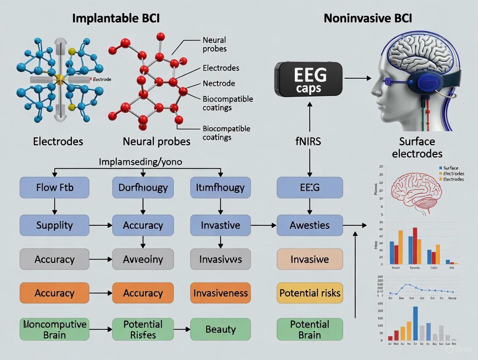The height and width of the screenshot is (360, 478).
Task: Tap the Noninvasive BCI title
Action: tap(368, 18)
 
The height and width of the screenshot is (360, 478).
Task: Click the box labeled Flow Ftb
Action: tap(55, 188)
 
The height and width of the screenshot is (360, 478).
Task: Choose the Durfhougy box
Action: tap(143, 188)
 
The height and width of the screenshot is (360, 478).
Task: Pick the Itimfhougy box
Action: tap(220, 188)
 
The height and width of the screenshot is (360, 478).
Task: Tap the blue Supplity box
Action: tap(55, 225)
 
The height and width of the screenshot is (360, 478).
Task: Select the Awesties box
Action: tap(310, 225)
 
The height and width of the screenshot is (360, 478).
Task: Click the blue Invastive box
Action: tap(220, 225)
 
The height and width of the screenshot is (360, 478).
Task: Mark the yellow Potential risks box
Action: tap(310, 293)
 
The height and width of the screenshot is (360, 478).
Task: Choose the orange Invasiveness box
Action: tap(220, 293)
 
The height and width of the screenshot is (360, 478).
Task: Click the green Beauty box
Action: tap(220, 329)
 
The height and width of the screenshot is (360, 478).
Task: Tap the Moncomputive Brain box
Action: tap(55, 329)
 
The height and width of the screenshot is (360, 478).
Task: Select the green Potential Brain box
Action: tap(310, 329)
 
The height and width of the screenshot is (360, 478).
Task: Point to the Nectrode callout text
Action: tap(219, 84)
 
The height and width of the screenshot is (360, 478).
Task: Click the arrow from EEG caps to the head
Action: tap(358, 78)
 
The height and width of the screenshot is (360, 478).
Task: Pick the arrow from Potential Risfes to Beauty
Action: tap(182, 329)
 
